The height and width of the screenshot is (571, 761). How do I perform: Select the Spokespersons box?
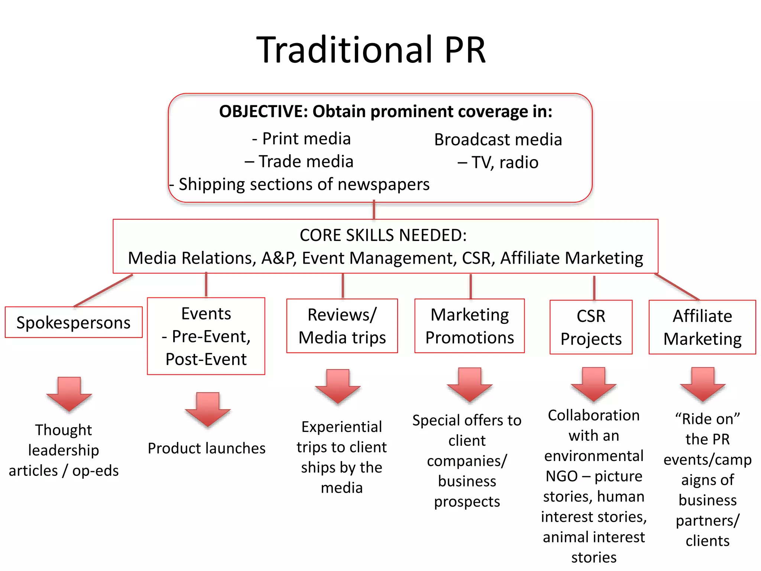[74, 322]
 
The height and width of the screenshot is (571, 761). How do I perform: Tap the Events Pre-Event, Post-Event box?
[206, 336]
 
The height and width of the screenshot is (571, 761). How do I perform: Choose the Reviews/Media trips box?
[342, 326]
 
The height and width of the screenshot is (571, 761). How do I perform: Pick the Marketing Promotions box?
[469, 326]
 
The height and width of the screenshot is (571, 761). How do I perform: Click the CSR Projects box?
[591, 327]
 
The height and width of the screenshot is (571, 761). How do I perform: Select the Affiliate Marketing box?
[702, 327]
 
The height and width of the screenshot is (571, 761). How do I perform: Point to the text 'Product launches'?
[207, 448]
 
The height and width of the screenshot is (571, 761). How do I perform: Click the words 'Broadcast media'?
[498, 140]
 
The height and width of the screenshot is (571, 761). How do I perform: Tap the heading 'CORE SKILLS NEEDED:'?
[383, 235]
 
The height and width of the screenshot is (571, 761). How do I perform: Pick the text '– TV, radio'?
[498, 162]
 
